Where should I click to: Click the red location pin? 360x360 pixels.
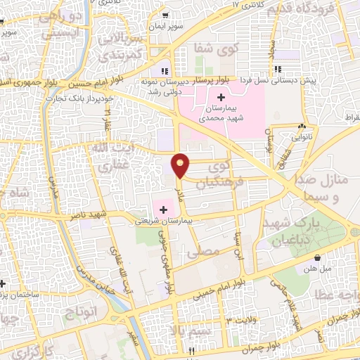point(181,165)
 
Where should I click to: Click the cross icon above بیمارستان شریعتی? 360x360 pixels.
point(164,209)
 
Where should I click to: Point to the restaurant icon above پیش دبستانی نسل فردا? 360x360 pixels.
point(278,69)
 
